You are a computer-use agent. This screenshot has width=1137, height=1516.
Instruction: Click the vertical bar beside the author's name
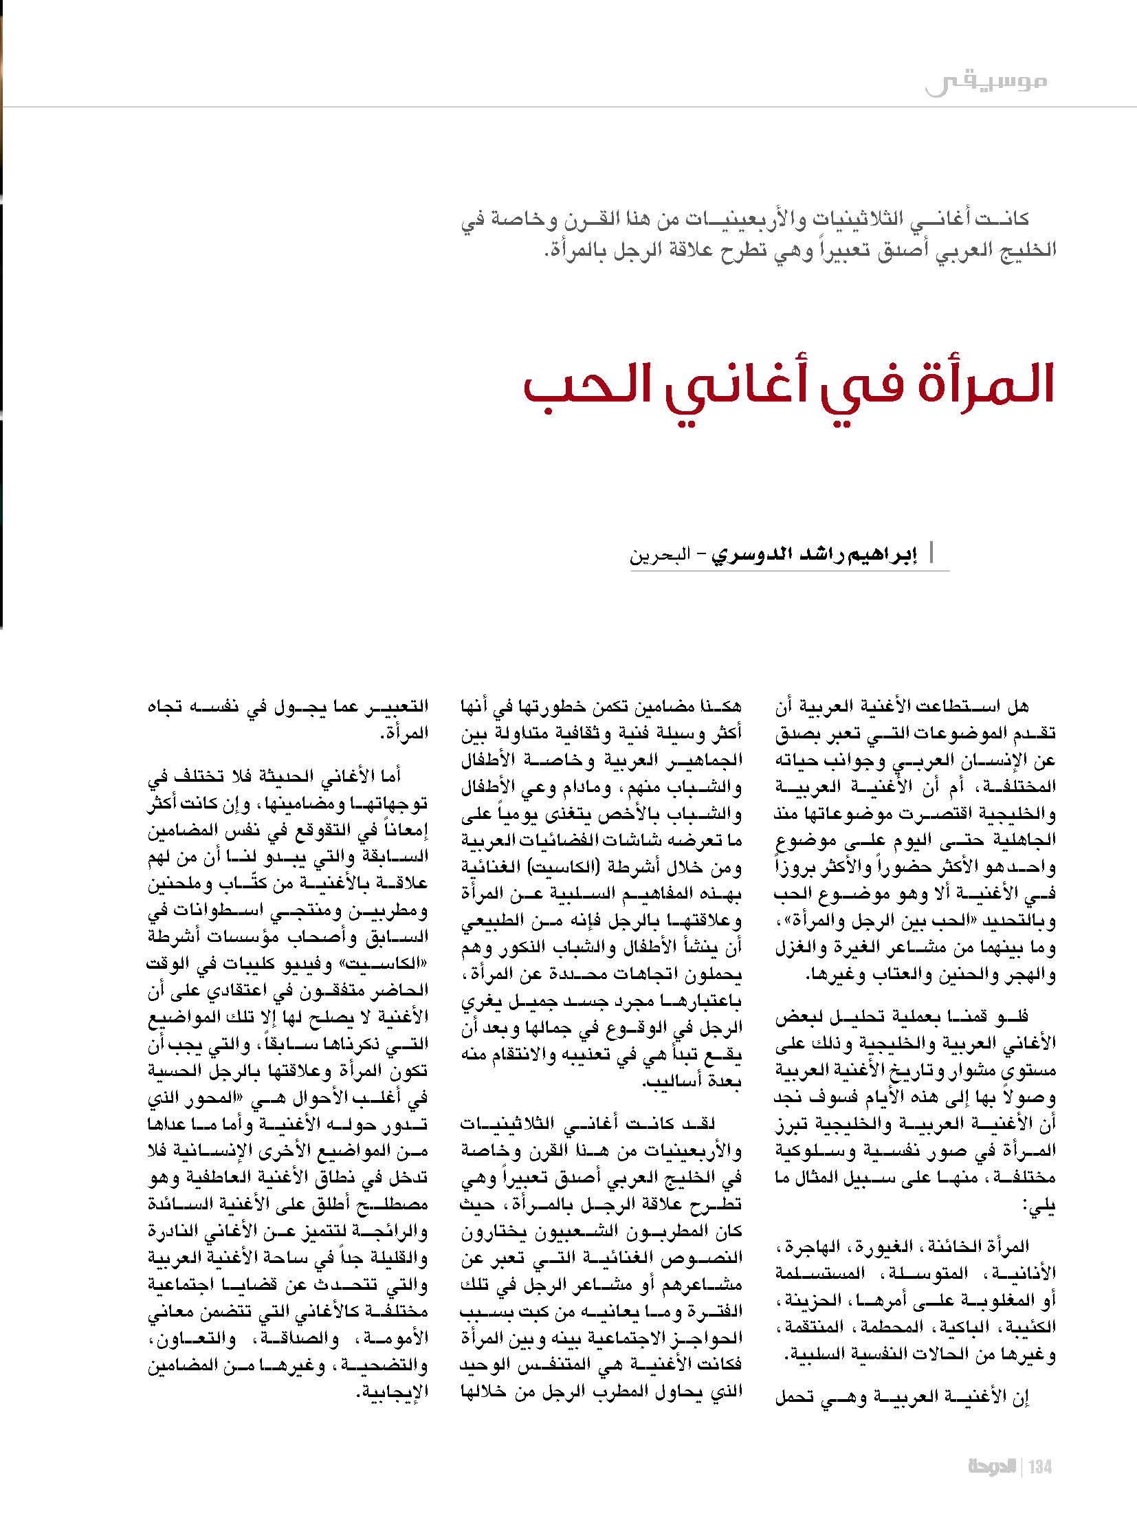[932, 553]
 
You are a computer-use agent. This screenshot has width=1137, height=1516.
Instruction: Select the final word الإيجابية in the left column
[393, 1394]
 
